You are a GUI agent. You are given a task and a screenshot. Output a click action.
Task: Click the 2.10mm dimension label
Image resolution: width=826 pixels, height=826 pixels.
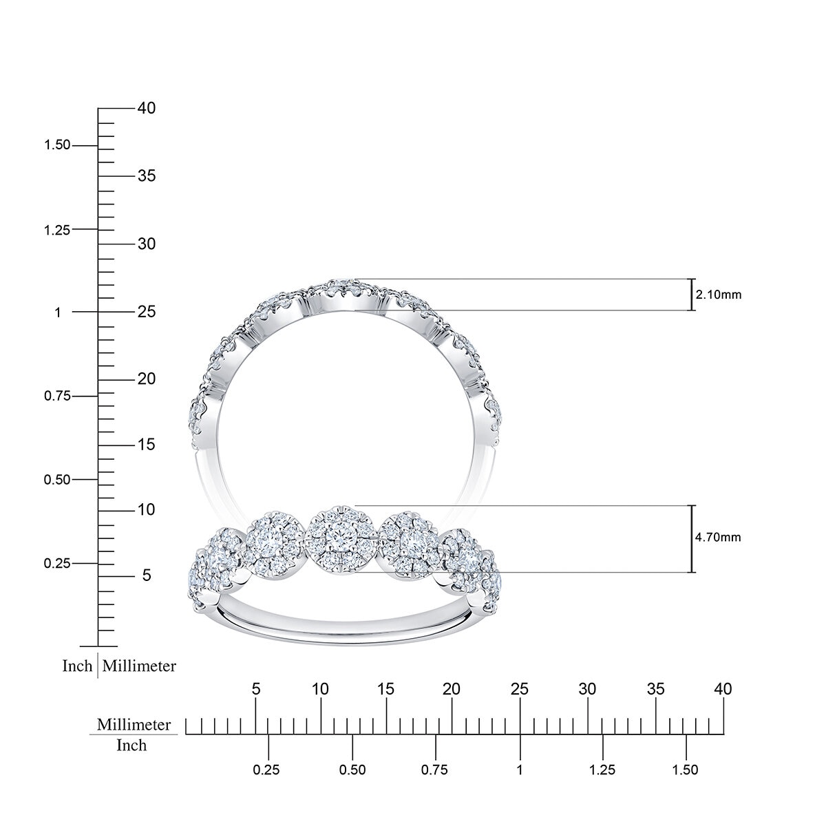point(719,295)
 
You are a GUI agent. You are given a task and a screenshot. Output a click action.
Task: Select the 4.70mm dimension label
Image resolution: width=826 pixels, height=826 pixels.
point(719,537)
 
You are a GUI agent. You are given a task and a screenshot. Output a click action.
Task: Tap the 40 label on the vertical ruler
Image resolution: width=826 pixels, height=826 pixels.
point(146,108)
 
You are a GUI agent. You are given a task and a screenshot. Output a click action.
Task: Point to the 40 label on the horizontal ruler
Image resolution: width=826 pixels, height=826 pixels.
point(723,688)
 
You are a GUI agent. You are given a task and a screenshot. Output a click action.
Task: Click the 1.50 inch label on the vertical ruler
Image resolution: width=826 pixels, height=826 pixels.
point(58,145)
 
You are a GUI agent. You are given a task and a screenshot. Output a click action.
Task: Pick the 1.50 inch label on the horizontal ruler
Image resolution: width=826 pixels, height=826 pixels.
point(686,770)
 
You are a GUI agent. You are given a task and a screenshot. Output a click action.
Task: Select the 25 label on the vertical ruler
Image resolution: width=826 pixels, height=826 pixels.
point(146,312)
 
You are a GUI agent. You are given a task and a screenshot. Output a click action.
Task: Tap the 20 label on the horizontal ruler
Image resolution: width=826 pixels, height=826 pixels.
point(451,688)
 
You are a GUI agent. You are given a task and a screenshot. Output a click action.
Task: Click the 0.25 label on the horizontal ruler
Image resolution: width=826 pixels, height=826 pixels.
point(267,770)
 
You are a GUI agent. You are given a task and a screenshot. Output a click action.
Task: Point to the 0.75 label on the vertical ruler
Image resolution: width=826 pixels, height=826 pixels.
point(58,396)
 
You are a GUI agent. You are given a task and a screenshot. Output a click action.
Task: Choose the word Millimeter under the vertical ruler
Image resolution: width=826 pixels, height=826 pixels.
point(139,666)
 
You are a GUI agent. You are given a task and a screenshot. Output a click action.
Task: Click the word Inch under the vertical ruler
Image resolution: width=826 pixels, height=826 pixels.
point(77,666)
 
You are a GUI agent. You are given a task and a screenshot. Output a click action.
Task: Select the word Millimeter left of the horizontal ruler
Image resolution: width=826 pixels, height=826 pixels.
point(134,725)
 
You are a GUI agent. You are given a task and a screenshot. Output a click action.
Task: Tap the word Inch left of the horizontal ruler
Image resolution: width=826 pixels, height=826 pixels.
point(131,745)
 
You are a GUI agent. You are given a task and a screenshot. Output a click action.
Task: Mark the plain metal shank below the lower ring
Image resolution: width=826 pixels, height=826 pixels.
point(344,630)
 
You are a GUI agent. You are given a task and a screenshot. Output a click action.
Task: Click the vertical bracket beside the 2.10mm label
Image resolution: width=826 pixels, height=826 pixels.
point(692,295)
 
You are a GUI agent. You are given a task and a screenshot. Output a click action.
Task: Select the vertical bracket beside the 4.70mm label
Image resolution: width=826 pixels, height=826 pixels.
point(692,538)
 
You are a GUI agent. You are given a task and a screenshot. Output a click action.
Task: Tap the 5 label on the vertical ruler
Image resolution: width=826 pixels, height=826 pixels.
point(146,575)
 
